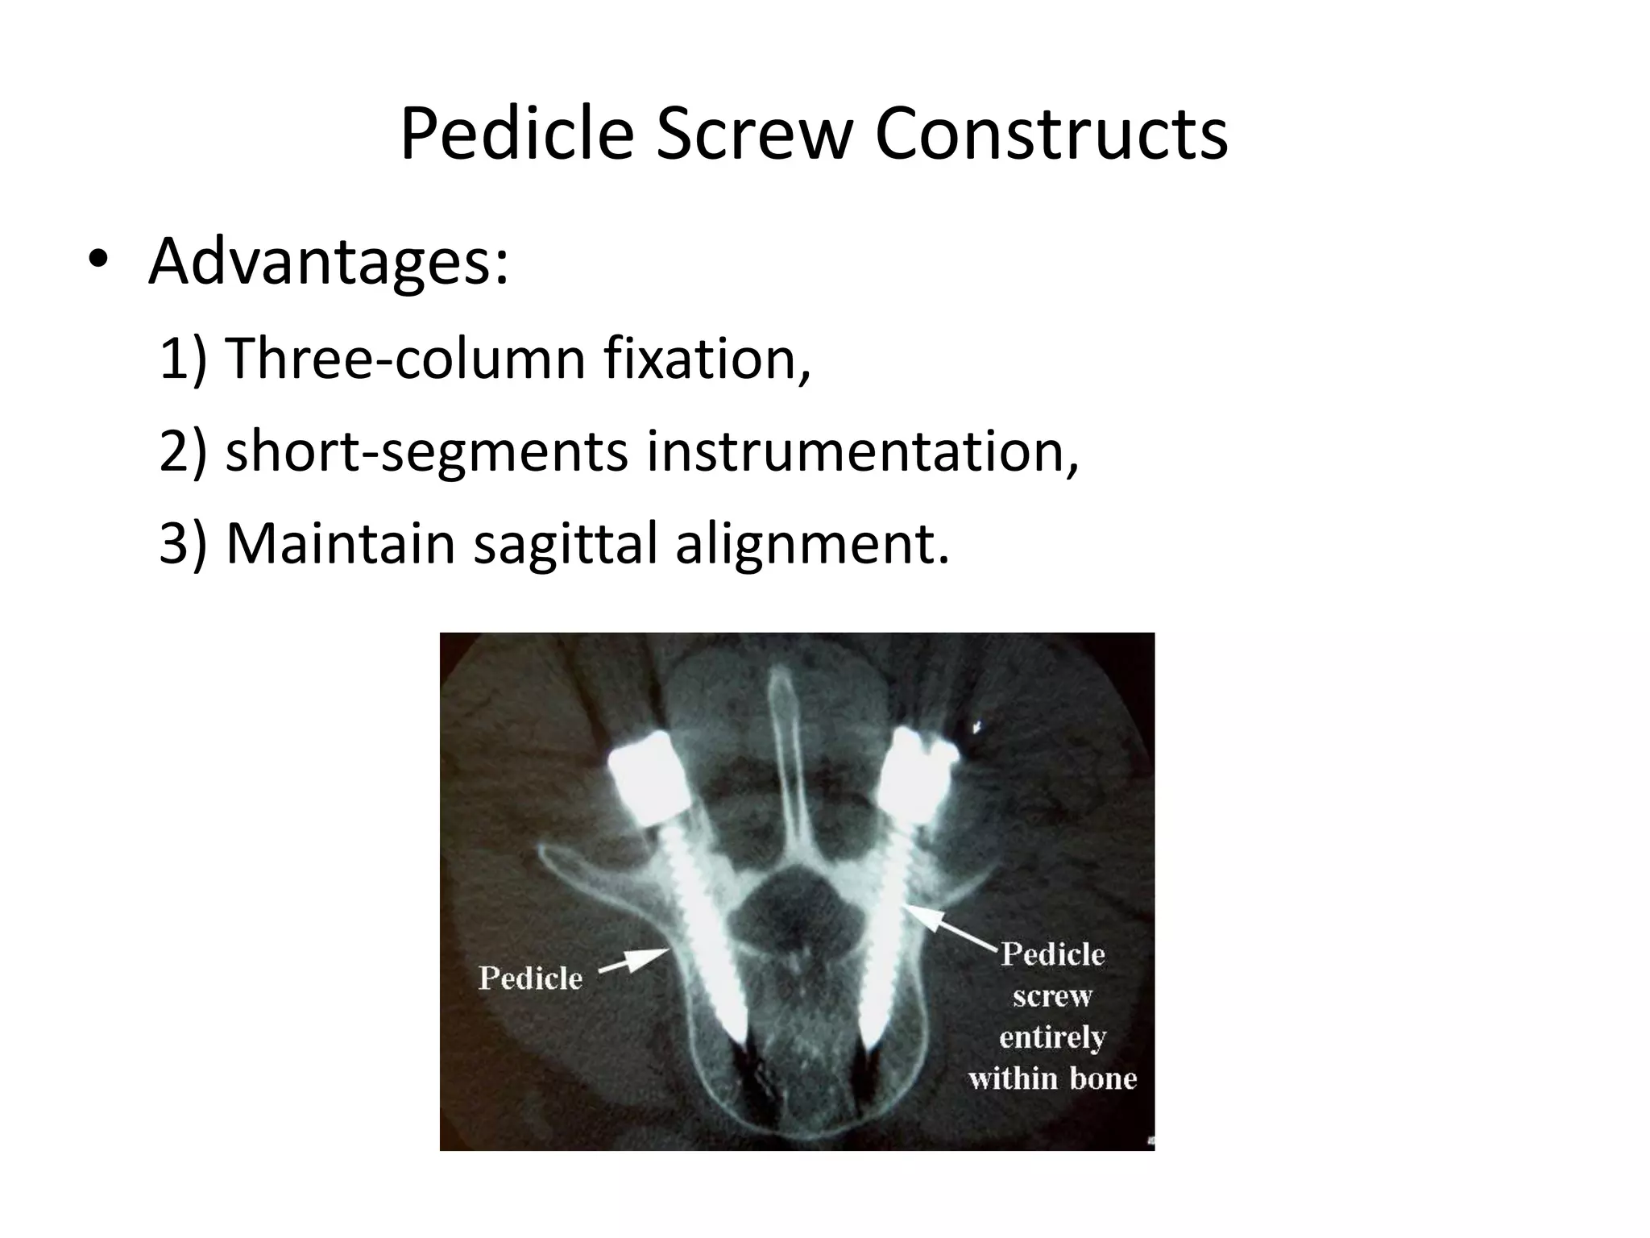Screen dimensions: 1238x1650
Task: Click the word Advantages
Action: click(x=329, y=261)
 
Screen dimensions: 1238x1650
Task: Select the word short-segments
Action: click(x=426, y=451)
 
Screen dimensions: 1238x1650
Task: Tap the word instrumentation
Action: click(x=862, y=451)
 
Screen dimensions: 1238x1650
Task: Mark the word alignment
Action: click(x=811, y=544)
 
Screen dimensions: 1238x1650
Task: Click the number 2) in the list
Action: click(x=184, y=451)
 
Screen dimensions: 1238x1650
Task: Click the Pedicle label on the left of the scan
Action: click(x=530, y=978)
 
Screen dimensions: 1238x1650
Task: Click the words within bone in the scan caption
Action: click(x=1052, y=1078)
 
